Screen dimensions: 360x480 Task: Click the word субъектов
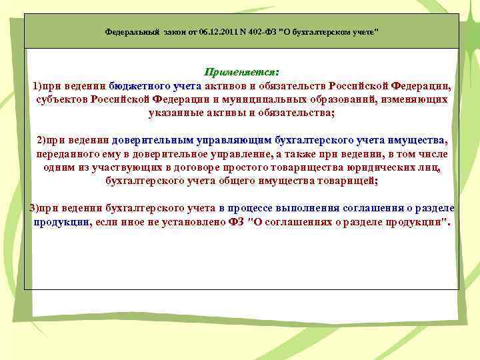60,100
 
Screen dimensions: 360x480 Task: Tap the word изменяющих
416,100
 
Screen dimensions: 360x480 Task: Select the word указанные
177,113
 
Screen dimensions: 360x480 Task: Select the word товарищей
349,181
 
